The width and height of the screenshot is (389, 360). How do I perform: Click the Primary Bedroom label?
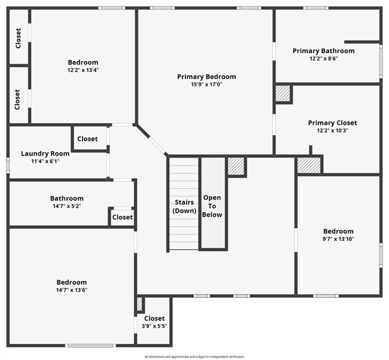pyautogui.click(x=206, y=77)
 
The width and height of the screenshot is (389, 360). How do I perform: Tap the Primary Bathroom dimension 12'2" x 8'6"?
pyautogui.click(x=323, y=59)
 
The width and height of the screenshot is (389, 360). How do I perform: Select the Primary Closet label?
pyautogui.click(x=332, y=123)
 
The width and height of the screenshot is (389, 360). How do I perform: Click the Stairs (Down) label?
pyautogui.click(x=184, y=206)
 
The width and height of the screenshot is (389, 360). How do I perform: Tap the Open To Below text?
pyautogui.click(x=212, y=206)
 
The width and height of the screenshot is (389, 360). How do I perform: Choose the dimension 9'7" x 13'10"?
pyautogui.click(x=338, y=239)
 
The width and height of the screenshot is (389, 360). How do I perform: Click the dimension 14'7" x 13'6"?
pyautogui.click(x=72, y=290)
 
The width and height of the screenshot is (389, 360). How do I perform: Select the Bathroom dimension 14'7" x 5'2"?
pyautogui.click(x=66, y=206)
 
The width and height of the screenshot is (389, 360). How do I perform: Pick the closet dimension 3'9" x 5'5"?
pyautogui.click(x=154, y=327)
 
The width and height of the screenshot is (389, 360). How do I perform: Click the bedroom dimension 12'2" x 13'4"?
pyautogui.click(x=83, y=70)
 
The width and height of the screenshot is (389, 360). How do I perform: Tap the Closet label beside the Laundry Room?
pyautogui.click(x=87, y=139)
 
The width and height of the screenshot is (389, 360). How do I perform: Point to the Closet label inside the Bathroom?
pyautogui.click(x=123, y=217)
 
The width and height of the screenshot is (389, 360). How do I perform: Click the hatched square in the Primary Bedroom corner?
pyautogui.click(x=282, y=93)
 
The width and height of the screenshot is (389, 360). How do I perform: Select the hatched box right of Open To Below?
pyautogui.click(x=236, y=166)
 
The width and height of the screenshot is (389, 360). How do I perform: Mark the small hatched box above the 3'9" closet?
pyautogui.click(x=139, y=303)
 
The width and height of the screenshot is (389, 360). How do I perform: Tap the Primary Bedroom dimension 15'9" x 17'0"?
pyautogui.click(x=206, y=84)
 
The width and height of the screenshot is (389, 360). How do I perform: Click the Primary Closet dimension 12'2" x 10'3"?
pyautogui.click(x=332, y=130)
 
